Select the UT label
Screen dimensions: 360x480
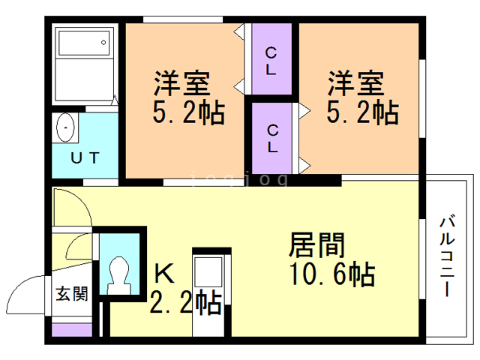pyautogui.click(x=82, y=158)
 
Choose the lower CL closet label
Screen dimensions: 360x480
pyautogui.click(x=271, y=138)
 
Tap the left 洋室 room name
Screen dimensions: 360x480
pyautogui.click(x=184, y=81)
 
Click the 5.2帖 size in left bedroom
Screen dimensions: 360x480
pyautogui.click(x=188, y=113)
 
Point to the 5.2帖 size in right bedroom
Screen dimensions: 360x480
pyautogui.click(x=361, y=113)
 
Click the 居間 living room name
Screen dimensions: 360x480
pyautogui.click(x=317, y=244)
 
